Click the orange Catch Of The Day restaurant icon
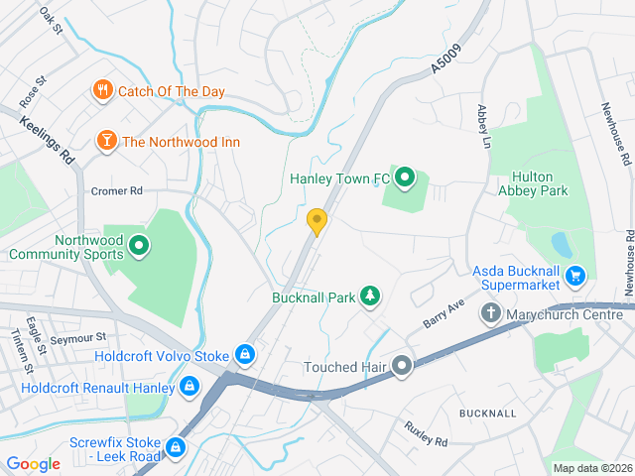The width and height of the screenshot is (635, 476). (x=103, y=91)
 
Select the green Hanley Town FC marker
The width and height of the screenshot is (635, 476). (x=405, y=178)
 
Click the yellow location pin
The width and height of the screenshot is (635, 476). (x=317, y=221)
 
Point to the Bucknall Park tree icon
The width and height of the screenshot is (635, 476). (x=370, y=297)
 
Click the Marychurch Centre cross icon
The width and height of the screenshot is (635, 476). (x=490, y=315)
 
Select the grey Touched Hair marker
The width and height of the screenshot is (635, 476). (x=402, y=367)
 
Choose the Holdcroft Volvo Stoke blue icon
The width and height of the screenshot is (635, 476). (x=244, y=354)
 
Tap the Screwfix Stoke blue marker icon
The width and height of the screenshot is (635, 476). (x=176, y=448)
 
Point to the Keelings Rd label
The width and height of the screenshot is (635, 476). (x=47, y=141)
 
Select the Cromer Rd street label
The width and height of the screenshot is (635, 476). (x=117, y=190)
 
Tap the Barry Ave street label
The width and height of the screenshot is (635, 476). (x=443, y=315)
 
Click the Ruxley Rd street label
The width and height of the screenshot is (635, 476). (x=426, y=432)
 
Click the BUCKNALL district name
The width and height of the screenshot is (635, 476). (x=487, y=412)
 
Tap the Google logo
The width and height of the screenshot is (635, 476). (x=33, y=463)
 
